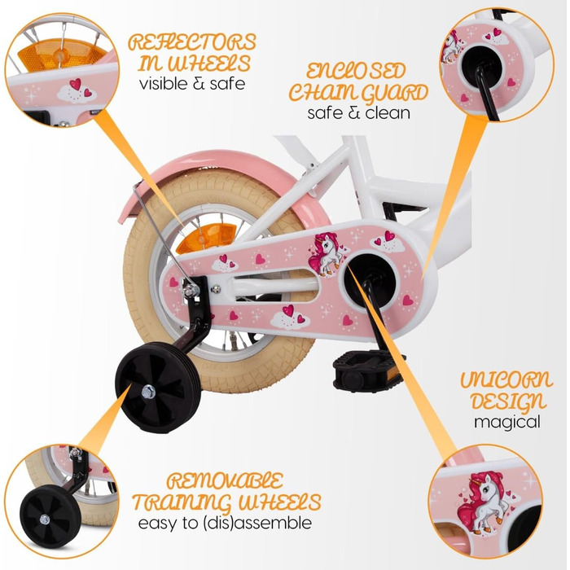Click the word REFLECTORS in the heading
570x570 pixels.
point(192,42)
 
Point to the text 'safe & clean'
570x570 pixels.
point(358,112)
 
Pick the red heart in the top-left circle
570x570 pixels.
point(76,84)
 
